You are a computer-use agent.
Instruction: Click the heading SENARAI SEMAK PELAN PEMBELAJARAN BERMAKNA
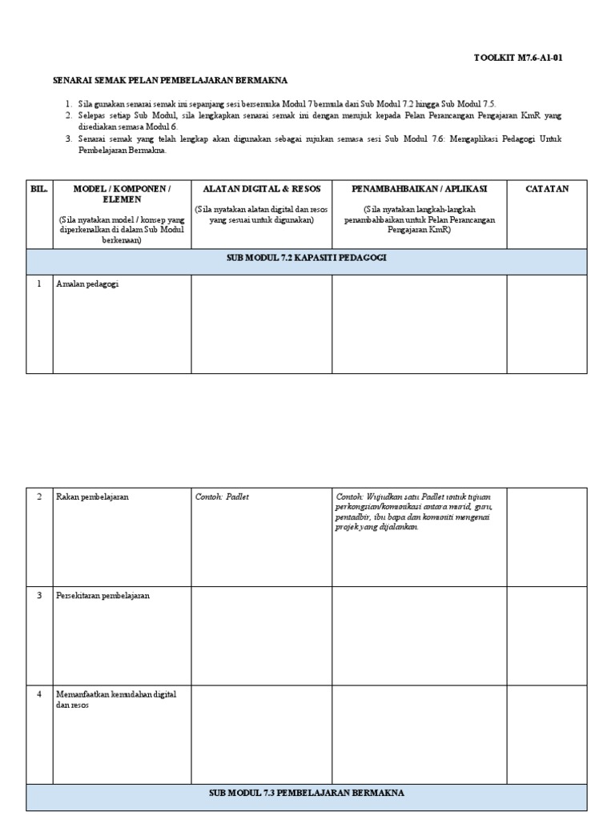point(170,80)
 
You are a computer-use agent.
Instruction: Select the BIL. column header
point(39,189)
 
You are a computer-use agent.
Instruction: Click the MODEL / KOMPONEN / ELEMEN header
point(122,194)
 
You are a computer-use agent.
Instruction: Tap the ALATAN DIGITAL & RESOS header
point(262,189)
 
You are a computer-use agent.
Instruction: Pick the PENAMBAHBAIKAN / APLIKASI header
point(419,189)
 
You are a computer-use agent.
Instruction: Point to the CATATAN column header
point(547,189)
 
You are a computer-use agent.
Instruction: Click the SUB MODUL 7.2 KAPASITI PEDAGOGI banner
point(307,258)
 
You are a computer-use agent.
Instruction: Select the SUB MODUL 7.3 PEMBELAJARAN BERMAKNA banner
point(307,793)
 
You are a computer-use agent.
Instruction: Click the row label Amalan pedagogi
point(87,284)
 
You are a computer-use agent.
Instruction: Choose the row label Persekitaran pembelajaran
point(102,596)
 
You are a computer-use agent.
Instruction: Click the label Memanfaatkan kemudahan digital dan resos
point(116,699)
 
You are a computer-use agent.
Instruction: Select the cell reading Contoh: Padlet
point(223,496)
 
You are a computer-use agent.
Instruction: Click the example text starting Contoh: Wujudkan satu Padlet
point(415,511)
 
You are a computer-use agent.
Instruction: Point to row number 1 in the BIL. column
point(39,284)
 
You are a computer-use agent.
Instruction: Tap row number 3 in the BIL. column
point(39,596)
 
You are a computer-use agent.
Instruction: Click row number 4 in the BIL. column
point(39,694)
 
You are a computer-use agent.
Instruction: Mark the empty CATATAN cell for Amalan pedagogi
point(547,324)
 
